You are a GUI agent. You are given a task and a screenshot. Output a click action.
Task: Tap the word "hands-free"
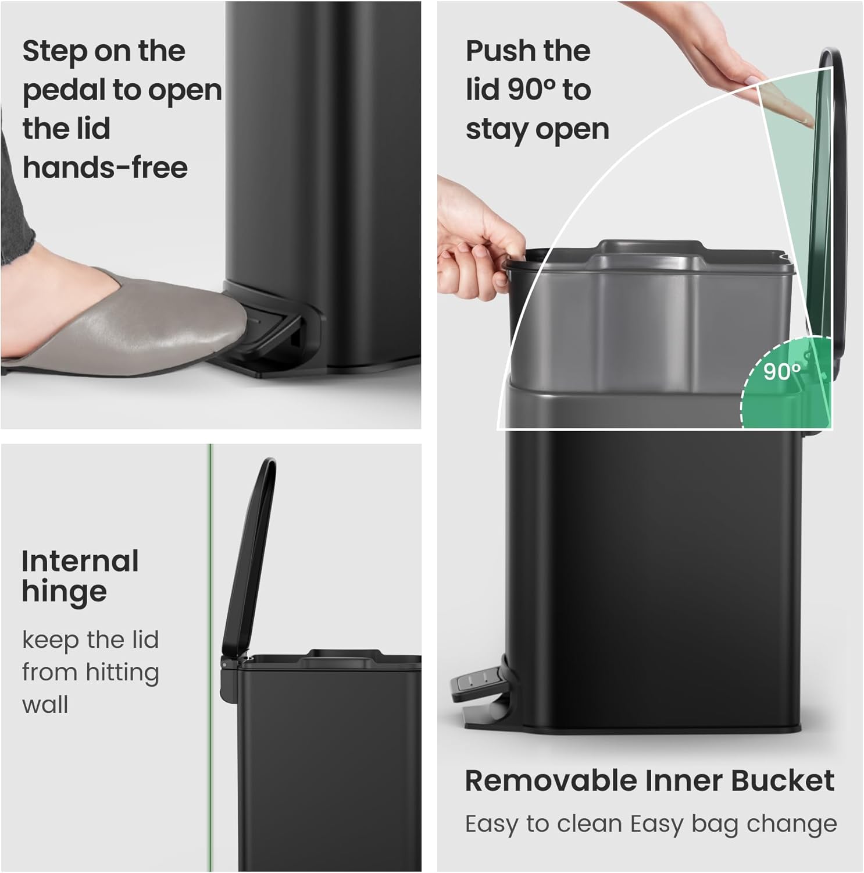pyautogui.click(x=105, y=168)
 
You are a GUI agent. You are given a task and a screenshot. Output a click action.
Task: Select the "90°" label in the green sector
pyautogui.click(x=781, y=371)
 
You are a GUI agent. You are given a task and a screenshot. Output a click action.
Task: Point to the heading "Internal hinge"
pyautogui.click(x=80, y=577)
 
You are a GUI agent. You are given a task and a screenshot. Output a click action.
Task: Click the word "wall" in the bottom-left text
pyautogui.click(x=45, y=705)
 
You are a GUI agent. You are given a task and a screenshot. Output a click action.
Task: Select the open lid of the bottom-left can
pyautogui.click(x=250, y=553)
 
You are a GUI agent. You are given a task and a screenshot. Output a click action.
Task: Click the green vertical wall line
pyautogui.click(x=210, y=640)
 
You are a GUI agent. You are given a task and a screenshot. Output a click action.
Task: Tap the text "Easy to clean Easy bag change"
pyautogui.click(x=651, y=824)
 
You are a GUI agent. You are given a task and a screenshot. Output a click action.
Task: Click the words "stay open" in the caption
pyautogui.click(x=537, y=129)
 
